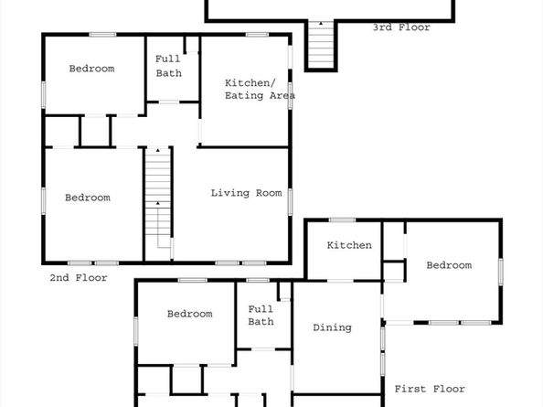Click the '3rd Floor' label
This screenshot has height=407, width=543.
pos(401,27)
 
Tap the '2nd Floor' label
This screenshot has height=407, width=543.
pos(79,277)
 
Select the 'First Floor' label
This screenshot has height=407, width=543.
pos(430,389)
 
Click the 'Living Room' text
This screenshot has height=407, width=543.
pos(246,193)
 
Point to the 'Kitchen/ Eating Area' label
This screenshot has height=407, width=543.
pos(260,89)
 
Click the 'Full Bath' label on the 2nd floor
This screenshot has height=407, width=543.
pos(168,66)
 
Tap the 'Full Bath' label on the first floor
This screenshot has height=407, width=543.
pos(261,316)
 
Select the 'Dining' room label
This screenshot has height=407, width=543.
pos(332,327)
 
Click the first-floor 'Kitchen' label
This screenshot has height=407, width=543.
pos(349,245)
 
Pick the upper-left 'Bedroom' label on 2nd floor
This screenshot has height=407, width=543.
pos(91,69)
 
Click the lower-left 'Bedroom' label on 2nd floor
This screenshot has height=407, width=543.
pos(88,198)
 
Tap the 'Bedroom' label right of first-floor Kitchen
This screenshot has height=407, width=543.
pos(449,265)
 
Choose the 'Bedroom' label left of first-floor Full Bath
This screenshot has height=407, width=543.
pos(190,314)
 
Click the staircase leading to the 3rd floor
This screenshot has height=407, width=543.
pos(321,45)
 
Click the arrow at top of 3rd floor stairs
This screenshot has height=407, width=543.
pos(321,24)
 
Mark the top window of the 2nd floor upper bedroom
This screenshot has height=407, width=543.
pos(102,34)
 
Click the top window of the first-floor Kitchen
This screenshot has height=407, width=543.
pos(342,220)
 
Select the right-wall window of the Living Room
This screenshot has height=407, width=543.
pos(290,201)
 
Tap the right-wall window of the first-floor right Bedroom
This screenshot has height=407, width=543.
pos(500,272)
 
